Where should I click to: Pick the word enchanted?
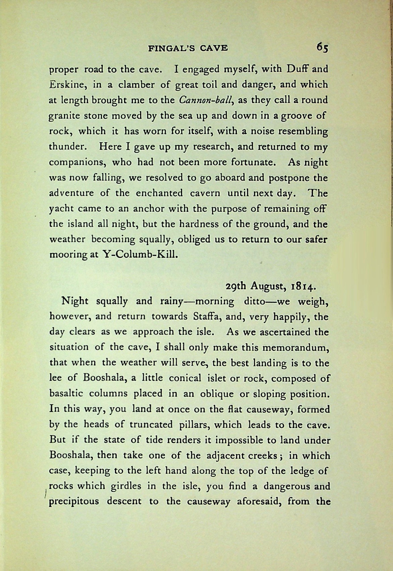pyautogui.click(x=159, y=193)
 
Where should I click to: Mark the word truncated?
pyautogui.click(x=151, y=425)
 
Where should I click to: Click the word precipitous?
pyautogui.click(x=74, y=502)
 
